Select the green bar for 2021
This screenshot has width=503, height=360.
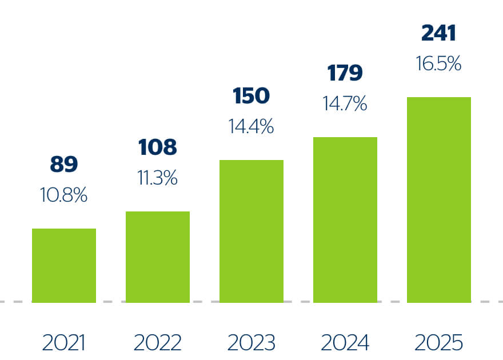[64, 266]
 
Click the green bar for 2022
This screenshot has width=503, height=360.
[158, 257]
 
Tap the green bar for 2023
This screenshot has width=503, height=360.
[251, 231]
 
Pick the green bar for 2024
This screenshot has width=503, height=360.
[345, 220]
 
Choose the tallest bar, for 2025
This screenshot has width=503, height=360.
[439, 200]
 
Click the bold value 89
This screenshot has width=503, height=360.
[64, 164]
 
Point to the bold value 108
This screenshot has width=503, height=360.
[158, 147]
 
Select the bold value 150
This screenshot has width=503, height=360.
[251, 96]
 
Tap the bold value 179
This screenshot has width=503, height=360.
[345, 73]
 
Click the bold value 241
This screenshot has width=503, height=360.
[438, 33]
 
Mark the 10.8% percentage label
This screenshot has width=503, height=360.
[63, 195]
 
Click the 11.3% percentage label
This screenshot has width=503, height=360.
[158, 178]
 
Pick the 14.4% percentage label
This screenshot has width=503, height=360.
[251, 126]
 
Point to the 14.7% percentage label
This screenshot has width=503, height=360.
[345, 103]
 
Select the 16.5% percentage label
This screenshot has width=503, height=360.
[438, 63]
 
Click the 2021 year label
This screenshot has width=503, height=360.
[63, 343]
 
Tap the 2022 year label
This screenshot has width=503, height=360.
[158, 343]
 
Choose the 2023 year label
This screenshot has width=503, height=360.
[251, 343]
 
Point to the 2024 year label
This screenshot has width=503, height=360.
[345, 343]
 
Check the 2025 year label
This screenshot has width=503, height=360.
[438, 343]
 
